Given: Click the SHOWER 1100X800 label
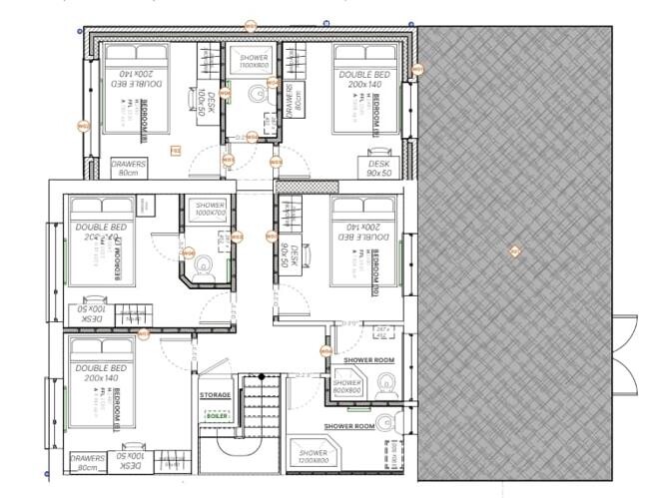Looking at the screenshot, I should click(254, 62).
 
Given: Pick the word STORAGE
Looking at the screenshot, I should click(216, 395).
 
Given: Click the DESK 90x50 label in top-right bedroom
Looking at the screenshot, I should click(378, 169).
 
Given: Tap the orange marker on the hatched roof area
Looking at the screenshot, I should click(514, 250).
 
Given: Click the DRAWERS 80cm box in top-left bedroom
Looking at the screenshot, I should click(128, 168).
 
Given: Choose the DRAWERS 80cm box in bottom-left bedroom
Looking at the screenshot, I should click(88, 463).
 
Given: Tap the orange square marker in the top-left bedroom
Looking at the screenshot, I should click(175, 150).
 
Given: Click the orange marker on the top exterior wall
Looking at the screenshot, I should click(251, 25).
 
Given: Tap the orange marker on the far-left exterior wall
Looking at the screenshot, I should click(83, 125).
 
